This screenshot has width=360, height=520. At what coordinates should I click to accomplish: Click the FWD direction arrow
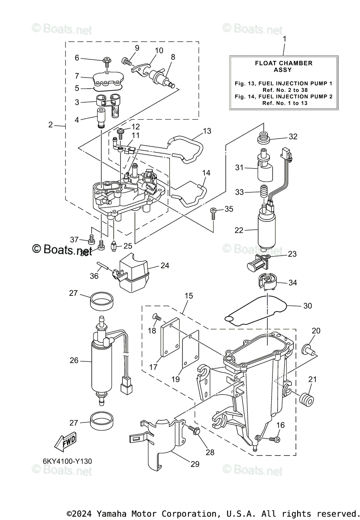pos(64,443)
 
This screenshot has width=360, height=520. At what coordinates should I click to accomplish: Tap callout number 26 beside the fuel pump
pos(74,360)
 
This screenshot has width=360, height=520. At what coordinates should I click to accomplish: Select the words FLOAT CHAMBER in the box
pos(283,63)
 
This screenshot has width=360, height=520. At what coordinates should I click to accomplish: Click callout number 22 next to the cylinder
pos(239,231)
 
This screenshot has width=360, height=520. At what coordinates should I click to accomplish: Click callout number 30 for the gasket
pos(307,305)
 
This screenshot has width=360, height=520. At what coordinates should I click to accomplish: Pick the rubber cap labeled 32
pos(264,138)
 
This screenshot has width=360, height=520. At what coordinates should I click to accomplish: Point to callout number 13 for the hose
pos(207,131)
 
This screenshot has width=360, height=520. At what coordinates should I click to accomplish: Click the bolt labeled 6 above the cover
pos(106,59)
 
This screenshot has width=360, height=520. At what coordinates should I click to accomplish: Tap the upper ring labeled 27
pos(103,300)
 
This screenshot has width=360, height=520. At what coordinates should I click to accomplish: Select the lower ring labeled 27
pos(103,420)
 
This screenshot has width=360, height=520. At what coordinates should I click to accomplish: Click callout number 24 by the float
pos(165,266)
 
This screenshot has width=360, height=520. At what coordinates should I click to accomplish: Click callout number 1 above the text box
pos(284,39)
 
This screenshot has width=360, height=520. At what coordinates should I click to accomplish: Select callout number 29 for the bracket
pos(195,464)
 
